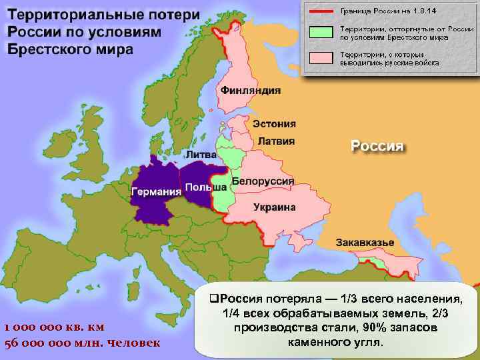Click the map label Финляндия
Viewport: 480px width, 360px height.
click(x=250, y=90)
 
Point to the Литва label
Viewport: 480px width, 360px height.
click(x=201, y=154)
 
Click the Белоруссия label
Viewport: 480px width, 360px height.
click(x=263, y=181)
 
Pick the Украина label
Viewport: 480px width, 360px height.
click(x=274, y=207)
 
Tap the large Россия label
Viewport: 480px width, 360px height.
click(x=378, y=146)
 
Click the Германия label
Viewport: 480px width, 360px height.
click(x=157, y=192)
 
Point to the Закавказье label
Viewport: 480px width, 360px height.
click(x=365, y=241)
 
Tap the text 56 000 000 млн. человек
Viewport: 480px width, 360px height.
click(x=82, y=343)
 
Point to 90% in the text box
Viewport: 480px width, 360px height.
click(x=375, y=329)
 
